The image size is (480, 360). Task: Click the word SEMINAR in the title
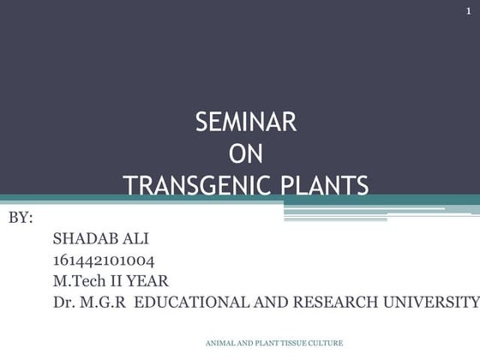(246, 123)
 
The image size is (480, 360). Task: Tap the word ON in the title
(246, 154)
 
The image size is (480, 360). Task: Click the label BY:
(21, 218)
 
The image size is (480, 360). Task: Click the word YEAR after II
(151, 280)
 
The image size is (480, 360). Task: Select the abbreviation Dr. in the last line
(64, 302)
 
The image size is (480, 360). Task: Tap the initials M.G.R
(105, 302)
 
